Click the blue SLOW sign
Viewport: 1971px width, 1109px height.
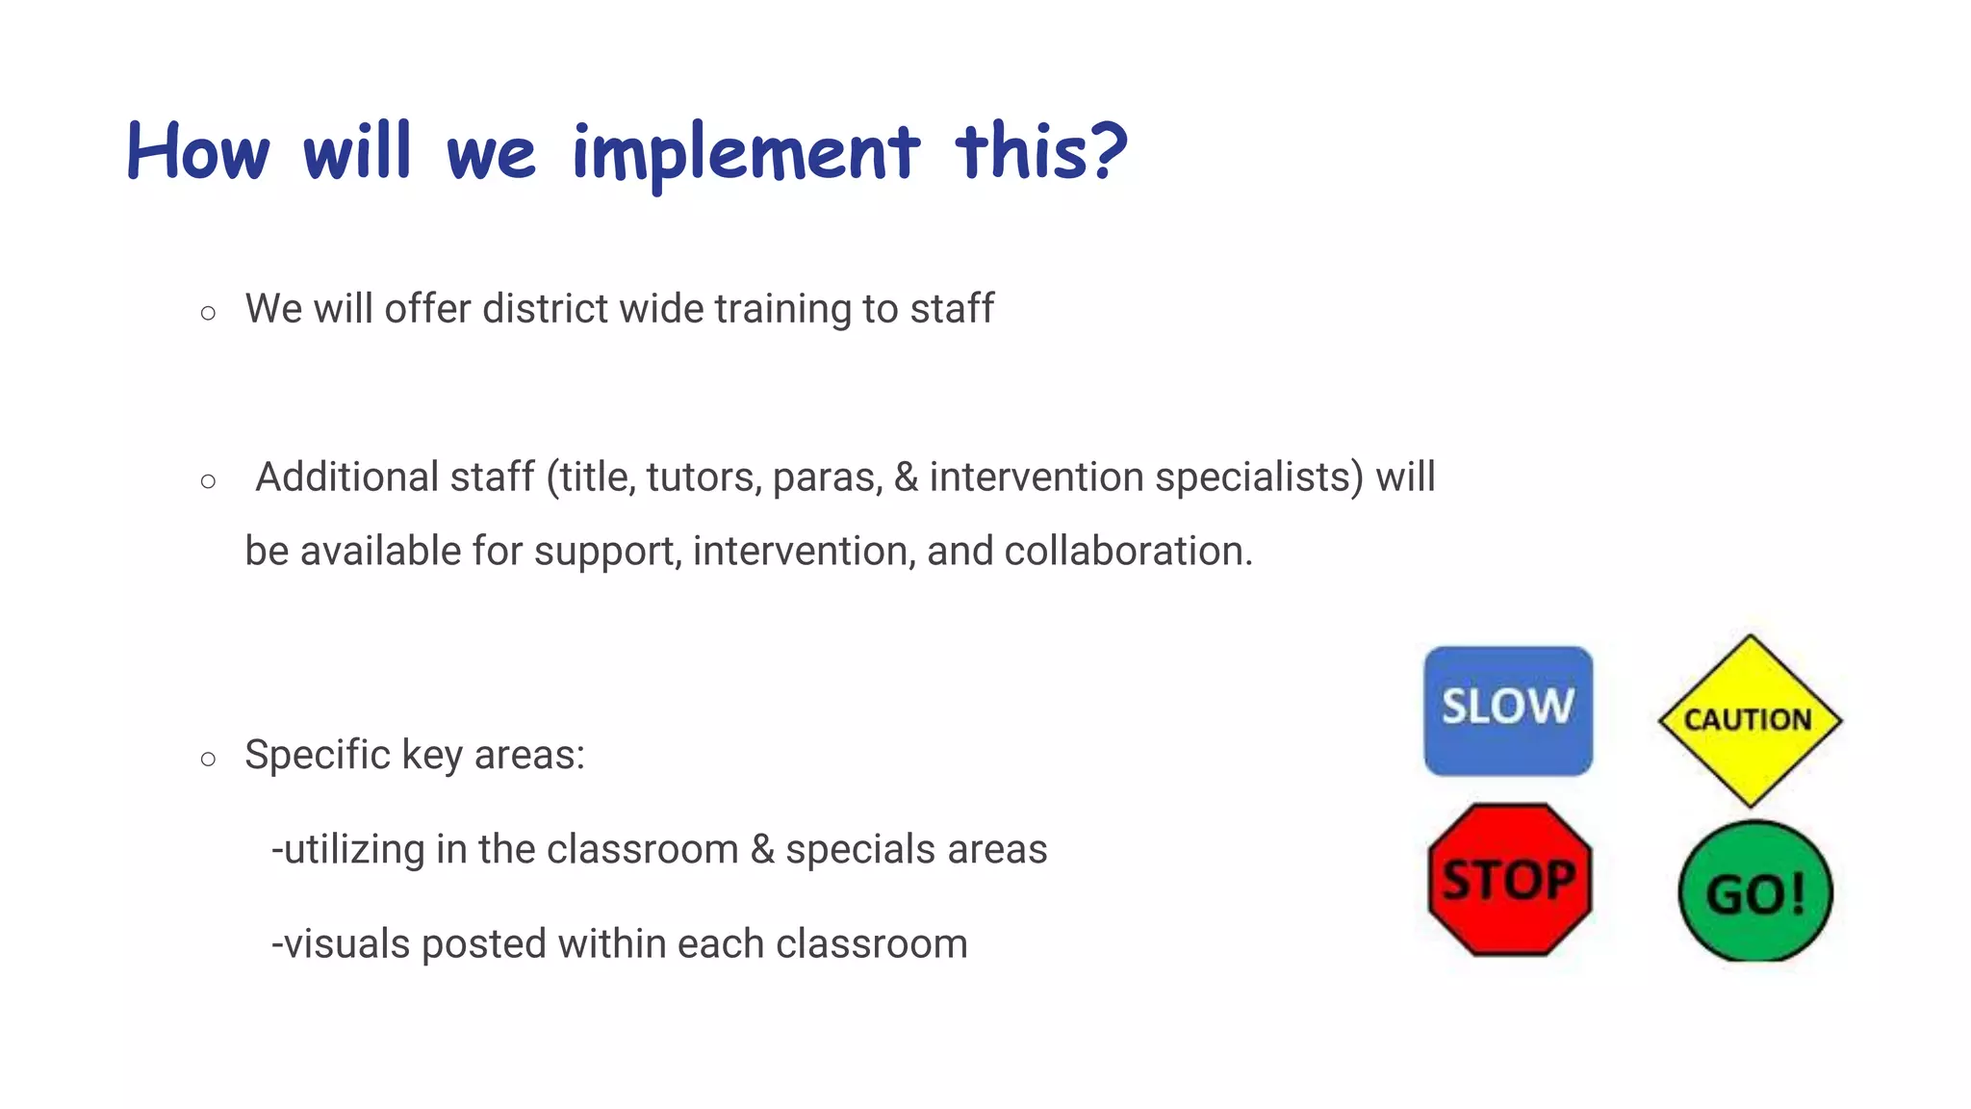(x=1508, y=710)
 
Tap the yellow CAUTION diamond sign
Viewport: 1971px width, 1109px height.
(x=1750, y=720)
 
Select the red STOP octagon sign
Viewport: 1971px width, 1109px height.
(x=1509, y=880)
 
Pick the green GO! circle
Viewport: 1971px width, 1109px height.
(x=1755, y=891)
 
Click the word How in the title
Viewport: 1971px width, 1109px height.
(x=198, y=152)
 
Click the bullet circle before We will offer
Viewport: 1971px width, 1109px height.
(x=208, y=313)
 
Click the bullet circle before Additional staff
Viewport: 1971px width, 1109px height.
(x=208, y=481)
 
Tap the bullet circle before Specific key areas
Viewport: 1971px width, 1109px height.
(x=208, y=759)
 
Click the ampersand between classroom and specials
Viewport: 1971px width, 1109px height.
(x=762, y=849)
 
